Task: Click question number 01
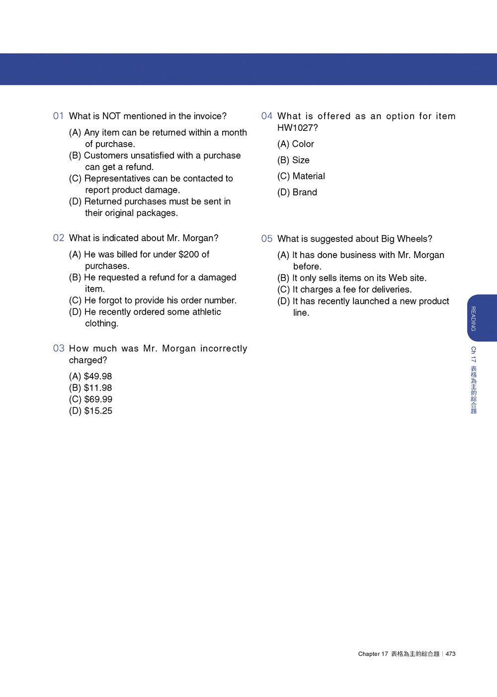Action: [59, 116]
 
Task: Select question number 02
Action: [59, 238]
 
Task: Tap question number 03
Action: [59, 348]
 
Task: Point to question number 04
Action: [267, 116]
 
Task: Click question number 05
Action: [267, 239]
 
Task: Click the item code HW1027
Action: [295, 128]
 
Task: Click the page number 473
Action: [451, 654]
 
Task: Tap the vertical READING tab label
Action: [473, 319]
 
